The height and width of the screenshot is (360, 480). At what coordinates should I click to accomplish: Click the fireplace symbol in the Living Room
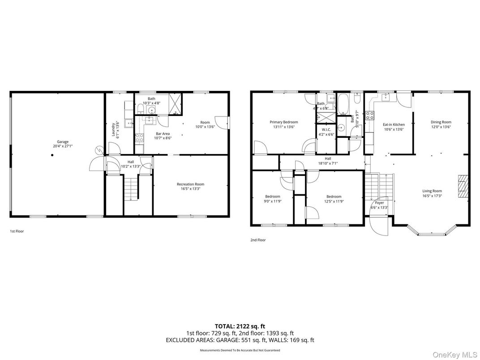coord(463,186)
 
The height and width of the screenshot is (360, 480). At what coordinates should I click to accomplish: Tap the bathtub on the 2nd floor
coord(344,103)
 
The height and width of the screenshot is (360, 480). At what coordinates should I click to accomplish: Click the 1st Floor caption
coord(17,231)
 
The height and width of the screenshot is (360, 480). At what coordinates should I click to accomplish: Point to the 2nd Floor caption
coord(258,240)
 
